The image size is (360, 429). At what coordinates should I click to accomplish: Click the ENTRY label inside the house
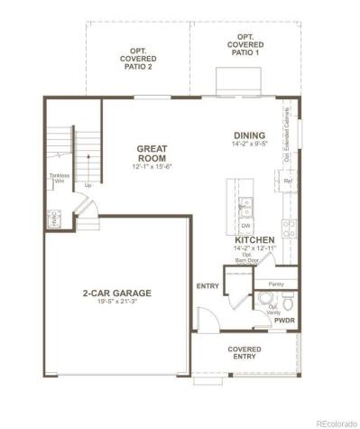(208, 286)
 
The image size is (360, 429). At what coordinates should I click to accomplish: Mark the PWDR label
(283, 321)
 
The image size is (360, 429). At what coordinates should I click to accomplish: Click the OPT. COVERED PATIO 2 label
(138, 57)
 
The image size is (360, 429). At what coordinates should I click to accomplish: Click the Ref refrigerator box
(289, 182)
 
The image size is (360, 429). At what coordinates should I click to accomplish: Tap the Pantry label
(276, 284)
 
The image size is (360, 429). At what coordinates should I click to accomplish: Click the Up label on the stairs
(88, 185)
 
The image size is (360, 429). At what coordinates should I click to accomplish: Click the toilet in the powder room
(263, 299)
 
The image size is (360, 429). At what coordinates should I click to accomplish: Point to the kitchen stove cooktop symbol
(288, 227)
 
